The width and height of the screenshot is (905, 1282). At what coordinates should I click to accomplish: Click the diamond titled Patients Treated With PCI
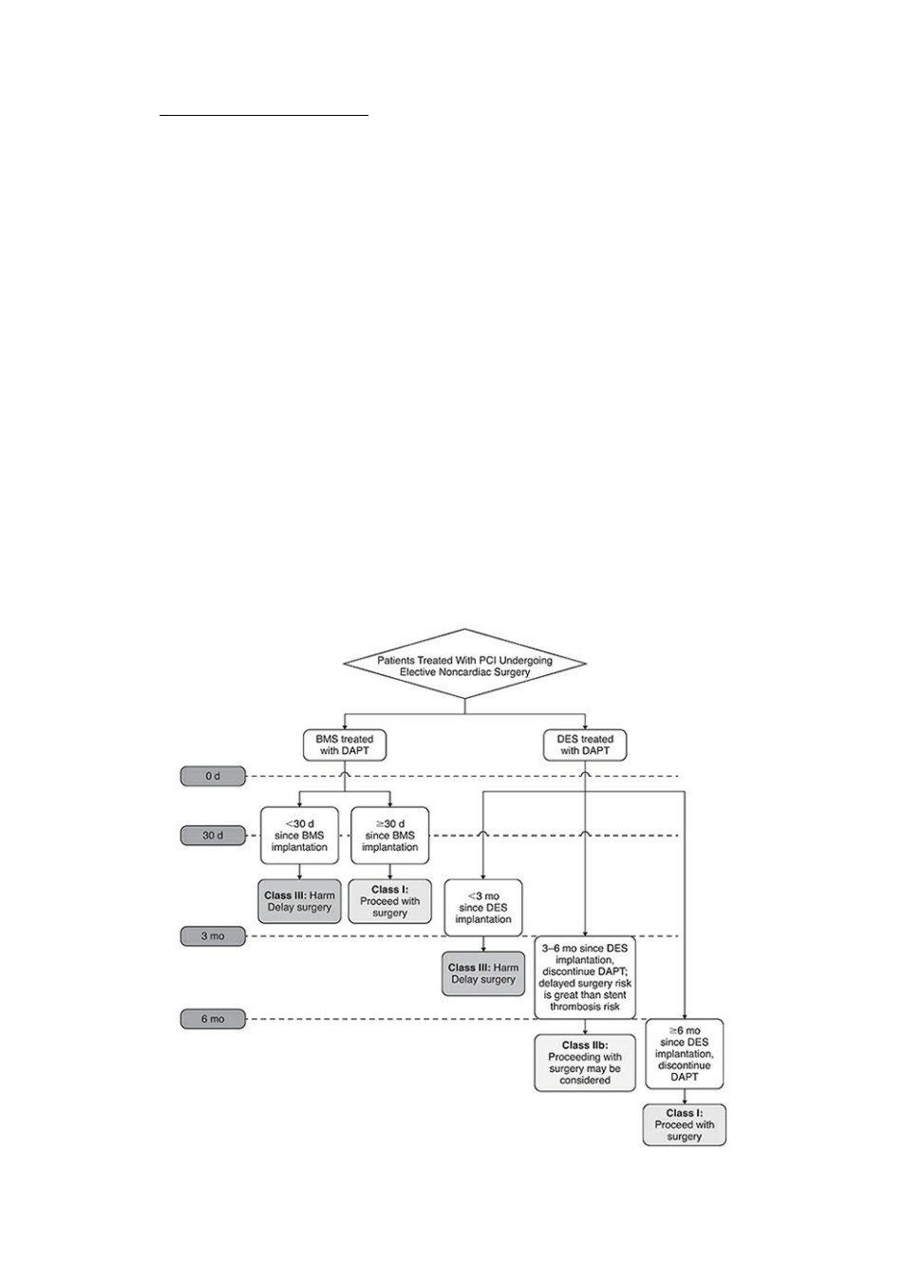coord(464,664)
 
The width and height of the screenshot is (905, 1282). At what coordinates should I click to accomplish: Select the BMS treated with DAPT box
coord(344,745)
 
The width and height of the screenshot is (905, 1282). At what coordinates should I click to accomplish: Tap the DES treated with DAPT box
coord(584,745)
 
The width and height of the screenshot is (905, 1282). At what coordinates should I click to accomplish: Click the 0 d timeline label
coord(213,776)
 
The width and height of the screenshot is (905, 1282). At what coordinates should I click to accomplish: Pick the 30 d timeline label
coord(213,836)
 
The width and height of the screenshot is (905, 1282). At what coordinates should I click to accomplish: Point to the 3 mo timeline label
coord(213,936)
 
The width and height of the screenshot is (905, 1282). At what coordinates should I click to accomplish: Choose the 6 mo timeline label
coord(213,1019)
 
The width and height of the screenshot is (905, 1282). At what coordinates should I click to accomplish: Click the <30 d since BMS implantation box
coord(299,835)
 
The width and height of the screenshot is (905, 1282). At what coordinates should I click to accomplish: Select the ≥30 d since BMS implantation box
coord(389,835)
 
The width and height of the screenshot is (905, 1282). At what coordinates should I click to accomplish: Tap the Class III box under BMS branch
coord(299,901)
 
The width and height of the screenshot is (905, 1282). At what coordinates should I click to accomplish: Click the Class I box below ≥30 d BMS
coord(389,901)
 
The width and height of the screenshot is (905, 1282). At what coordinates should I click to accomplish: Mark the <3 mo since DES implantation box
coord(483,908)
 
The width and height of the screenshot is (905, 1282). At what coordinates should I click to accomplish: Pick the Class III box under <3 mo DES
coord(483,973)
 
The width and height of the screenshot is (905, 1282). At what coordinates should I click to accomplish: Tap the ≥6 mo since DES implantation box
coord(685,1053)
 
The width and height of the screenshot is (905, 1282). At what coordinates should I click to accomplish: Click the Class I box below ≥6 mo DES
coord(685,1124)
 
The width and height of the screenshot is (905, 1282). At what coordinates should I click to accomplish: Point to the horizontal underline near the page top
coord(263,115)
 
